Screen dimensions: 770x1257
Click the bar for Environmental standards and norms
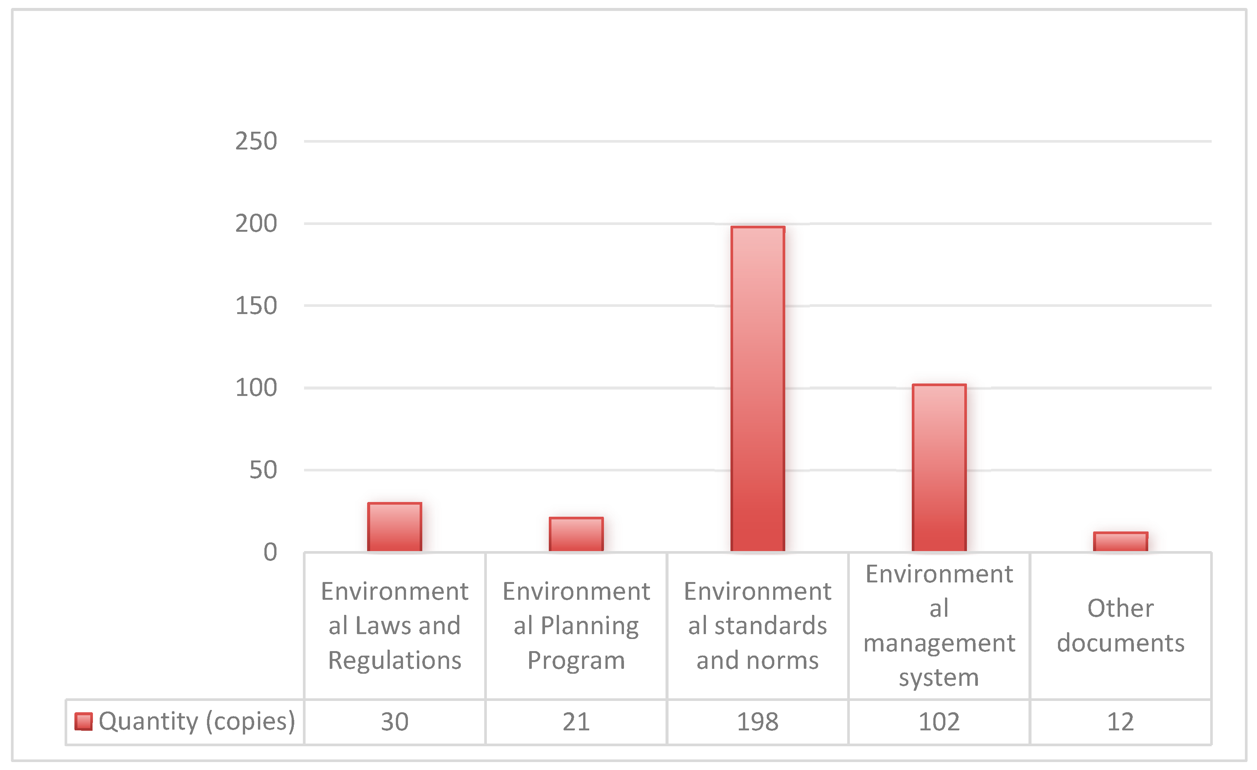(758, 388)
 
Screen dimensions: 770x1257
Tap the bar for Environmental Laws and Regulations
(394, 527)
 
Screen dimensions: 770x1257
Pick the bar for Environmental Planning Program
(576, 534)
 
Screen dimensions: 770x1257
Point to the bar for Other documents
(1120, 542)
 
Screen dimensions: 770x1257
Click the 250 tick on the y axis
(256, 141)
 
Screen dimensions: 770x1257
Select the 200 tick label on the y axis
(256, 224)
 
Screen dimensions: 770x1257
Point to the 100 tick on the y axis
(256, 388)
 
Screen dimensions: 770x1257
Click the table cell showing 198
(758, 722)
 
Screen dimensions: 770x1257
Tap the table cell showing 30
(394, 722)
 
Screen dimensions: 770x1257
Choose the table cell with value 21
(576, 722)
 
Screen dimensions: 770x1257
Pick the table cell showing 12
(1120, 722)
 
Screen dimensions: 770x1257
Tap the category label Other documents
(1120, 625)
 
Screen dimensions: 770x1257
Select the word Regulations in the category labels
(394, 661)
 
